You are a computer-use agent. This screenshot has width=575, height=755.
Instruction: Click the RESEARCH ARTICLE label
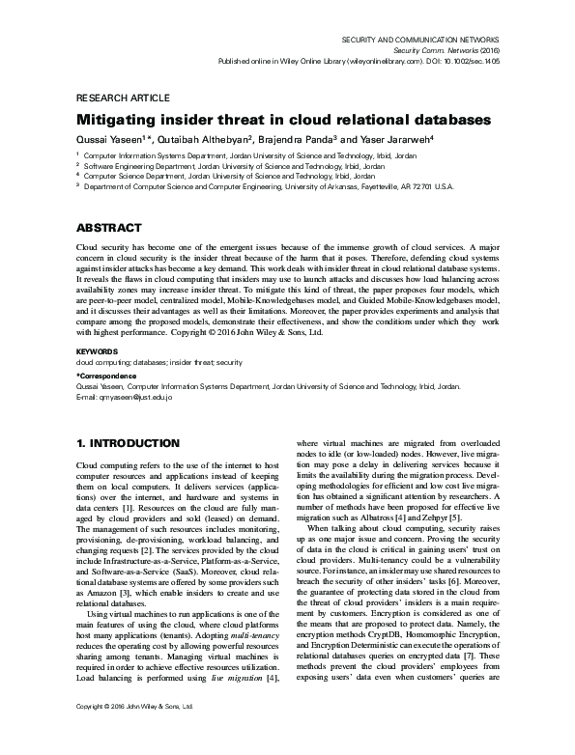pyautogui.click(x=117, y=98)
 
